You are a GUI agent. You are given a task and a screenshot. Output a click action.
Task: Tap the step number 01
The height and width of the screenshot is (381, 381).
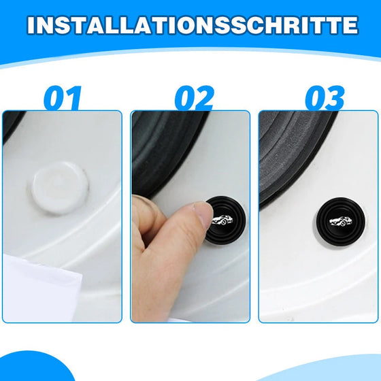[x=63, y=98]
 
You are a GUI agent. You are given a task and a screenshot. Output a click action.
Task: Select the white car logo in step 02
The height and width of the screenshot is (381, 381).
[x=222, y=220]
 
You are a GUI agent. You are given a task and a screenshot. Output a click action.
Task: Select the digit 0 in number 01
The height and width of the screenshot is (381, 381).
[x=55, y=98]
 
